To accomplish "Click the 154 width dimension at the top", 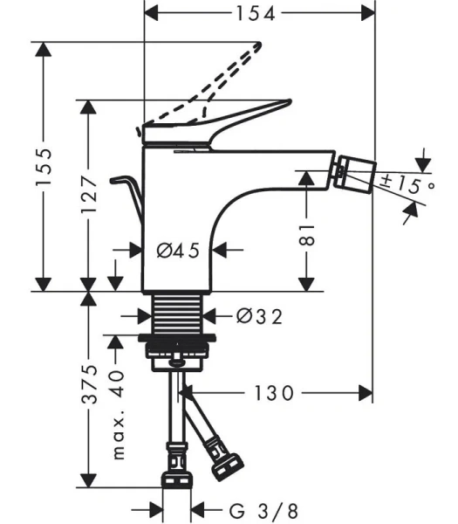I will click(254, 12).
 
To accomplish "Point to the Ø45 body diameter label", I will click(178, 251).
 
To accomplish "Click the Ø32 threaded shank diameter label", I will click(259, 316).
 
